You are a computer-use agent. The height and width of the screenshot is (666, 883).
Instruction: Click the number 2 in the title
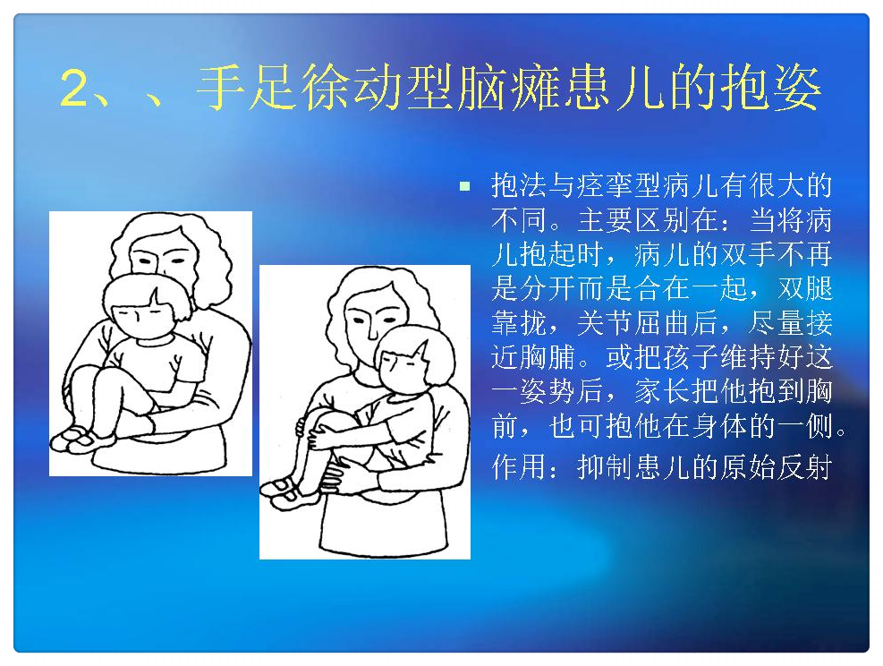point(74,89)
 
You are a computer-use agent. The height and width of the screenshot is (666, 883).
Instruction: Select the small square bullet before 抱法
point(464,186)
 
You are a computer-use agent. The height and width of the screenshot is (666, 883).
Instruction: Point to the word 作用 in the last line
point(520,467)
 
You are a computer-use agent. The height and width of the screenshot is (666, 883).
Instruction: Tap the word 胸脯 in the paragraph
point(548,356)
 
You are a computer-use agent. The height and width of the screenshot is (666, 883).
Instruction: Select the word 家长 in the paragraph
point(662,391)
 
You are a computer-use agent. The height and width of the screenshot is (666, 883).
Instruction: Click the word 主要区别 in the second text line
point(634,219)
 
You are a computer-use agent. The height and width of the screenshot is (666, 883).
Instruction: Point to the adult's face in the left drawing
point(160,256)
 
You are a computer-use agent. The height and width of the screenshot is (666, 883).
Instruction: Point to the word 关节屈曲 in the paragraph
point(634,322)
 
